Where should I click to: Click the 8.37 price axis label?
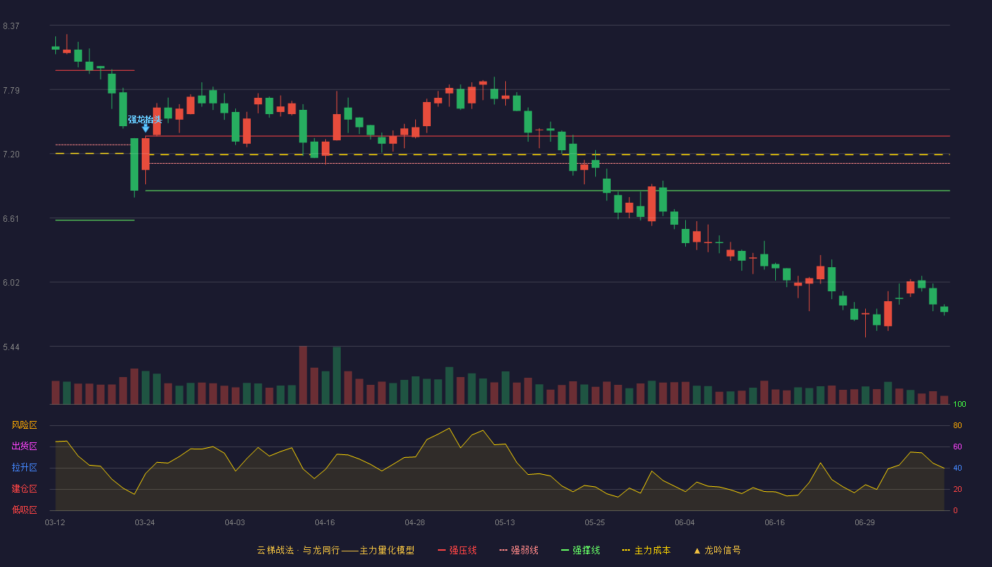point(11,26)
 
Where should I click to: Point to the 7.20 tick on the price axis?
point(11,155)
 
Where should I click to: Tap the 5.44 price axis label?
point(11,347)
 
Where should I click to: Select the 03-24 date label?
point(145,523)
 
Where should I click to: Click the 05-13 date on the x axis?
point(505,523)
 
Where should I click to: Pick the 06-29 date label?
point(865,523)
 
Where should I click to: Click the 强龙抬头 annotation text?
point(145,120)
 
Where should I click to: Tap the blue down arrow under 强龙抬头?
point(145,128)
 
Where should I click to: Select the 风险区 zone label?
point(24,425)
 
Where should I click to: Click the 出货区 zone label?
point(24,446)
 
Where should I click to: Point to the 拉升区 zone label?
point(24,467)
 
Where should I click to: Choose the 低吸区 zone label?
point(24,510)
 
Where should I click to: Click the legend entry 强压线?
point(457,550)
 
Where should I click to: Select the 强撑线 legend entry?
point(580,550)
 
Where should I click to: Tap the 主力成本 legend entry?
point(646,550)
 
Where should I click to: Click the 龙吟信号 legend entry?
point(717,550)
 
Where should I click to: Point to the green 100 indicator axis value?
point(959,404)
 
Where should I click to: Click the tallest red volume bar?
point(303,375)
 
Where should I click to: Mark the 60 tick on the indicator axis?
point(957,447)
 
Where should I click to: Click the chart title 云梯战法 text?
point(276,550)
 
